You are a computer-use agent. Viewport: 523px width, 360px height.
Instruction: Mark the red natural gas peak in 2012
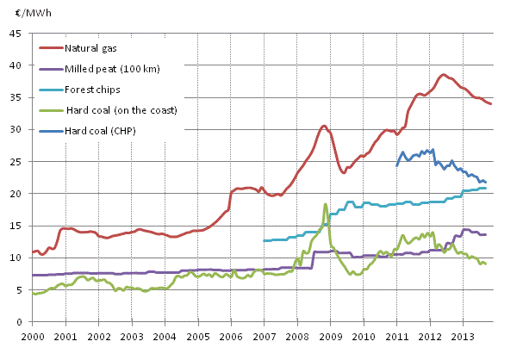444,75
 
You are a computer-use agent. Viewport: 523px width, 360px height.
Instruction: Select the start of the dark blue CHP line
396,165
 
